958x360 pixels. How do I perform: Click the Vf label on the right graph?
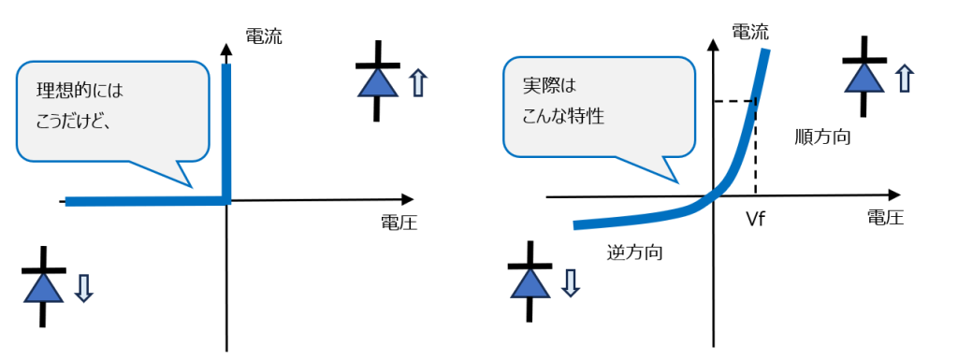757,221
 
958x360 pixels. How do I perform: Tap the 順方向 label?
820,137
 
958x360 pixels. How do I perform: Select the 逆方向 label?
629,252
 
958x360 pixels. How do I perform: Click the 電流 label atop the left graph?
263,36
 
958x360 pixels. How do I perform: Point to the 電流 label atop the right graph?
749,31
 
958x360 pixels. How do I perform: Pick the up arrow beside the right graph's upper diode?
904,78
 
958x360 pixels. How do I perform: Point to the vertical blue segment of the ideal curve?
225,131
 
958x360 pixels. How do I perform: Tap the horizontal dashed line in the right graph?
733,101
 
